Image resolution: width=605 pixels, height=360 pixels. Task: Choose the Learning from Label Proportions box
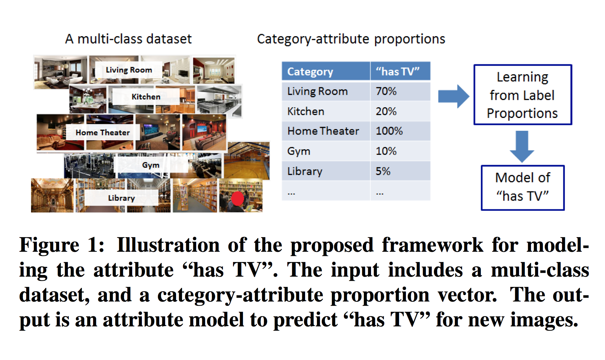pos(523,95)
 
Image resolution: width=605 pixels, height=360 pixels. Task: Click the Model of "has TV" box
pos(523,188)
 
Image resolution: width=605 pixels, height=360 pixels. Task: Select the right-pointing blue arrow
pos(453,96)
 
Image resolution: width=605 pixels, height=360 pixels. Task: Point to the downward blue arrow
pos(522,146)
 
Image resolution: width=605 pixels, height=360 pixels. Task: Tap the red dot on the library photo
pos(238,198)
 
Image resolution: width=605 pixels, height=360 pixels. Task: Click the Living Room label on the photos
pos(129,70)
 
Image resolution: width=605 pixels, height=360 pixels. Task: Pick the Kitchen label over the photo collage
pos(146,97)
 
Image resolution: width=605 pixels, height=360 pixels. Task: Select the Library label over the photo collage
pos(121,198)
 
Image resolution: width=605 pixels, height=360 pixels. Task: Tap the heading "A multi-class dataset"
pos(128,39)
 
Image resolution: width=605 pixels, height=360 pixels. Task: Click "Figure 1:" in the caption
pos(62,245)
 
